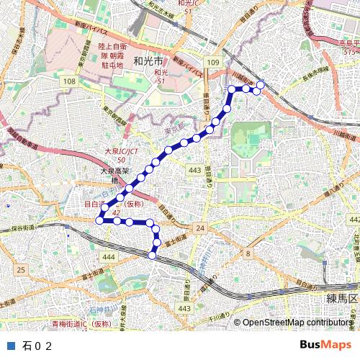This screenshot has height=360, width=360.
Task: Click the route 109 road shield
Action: tap(213, 64)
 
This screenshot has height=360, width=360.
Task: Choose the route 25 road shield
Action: tap(21, 269)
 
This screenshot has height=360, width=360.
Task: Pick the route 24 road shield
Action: tap(199, 228)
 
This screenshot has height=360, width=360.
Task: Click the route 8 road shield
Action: tap(247, 253)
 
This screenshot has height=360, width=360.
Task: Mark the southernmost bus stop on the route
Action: tap(152, 255)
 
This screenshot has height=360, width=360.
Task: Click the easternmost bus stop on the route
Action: tap(261, 85)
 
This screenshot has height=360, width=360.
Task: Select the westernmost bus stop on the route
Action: tap(99, 220)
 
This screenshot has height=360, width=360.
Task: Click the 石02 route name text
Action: tap(38, 346)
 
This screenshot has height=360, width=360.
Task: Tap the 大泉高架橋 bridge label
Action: tap(114, 176)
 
